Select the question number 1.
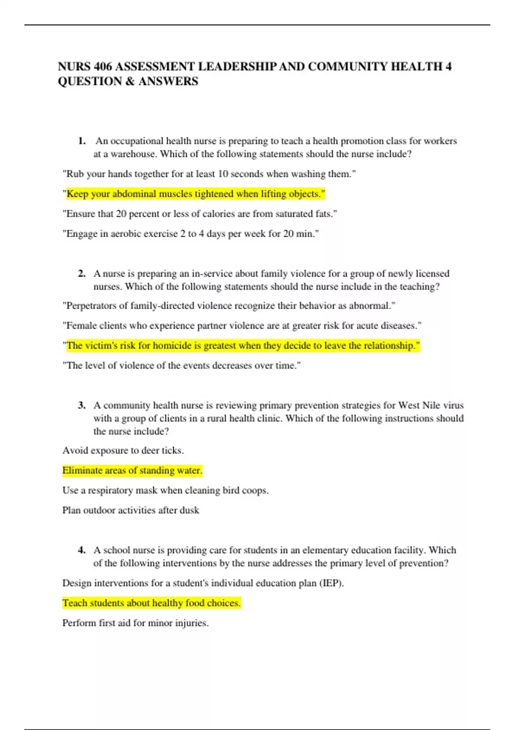point(82,141)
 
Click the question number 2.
point(82,274)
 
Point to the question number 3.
point(82,405)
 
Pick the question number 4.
point(82,550)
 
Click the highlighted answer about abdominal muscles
point(195,194)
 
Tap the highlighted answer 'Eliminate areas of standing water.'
point(132,471)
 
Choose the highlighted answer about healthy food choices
point(151,603)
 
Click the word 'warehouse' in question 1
point(133,154)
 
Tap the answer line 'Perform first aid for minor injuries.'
point(136,623)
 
